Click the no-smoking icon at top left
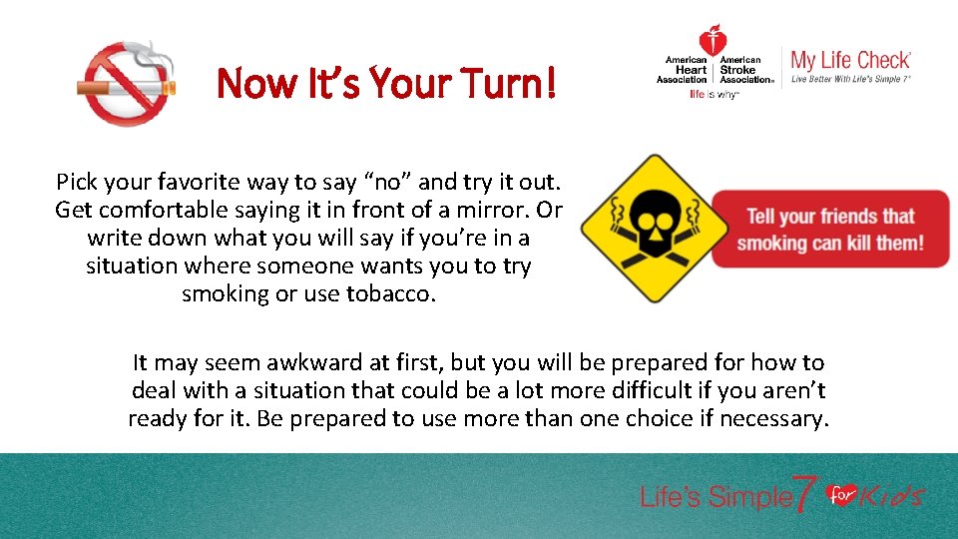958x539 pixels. (127, 83)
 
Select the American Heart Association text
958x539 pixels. (686, 70)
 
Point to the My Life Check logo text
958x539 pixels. (850, 61)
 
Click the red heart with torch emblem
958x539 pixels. (713, 42)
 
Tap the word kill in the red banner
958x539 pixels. (852, 243)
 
